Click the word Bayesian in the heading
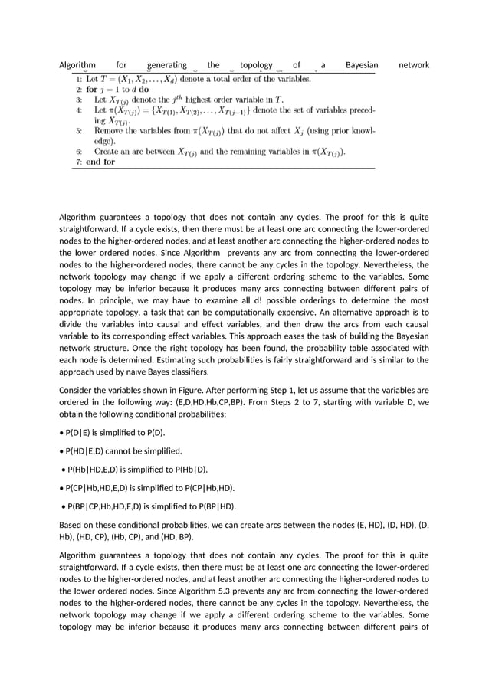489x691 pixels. [x=362, y=65]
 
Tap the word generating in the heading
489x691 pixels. [x=169, y=65]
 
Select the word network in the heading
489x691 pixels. [x=414, y=65]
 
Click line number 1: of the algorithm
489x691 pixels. [x=79, y=78]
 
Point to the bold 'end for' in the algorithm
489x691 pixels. [x=100, y=162]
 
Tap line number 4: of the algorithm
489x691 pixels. [x=79, y=110]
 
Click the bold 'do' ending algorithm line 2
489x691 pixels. [x=144, y=89]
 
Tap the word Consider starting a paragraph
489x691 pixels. [x=78, y=388]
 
